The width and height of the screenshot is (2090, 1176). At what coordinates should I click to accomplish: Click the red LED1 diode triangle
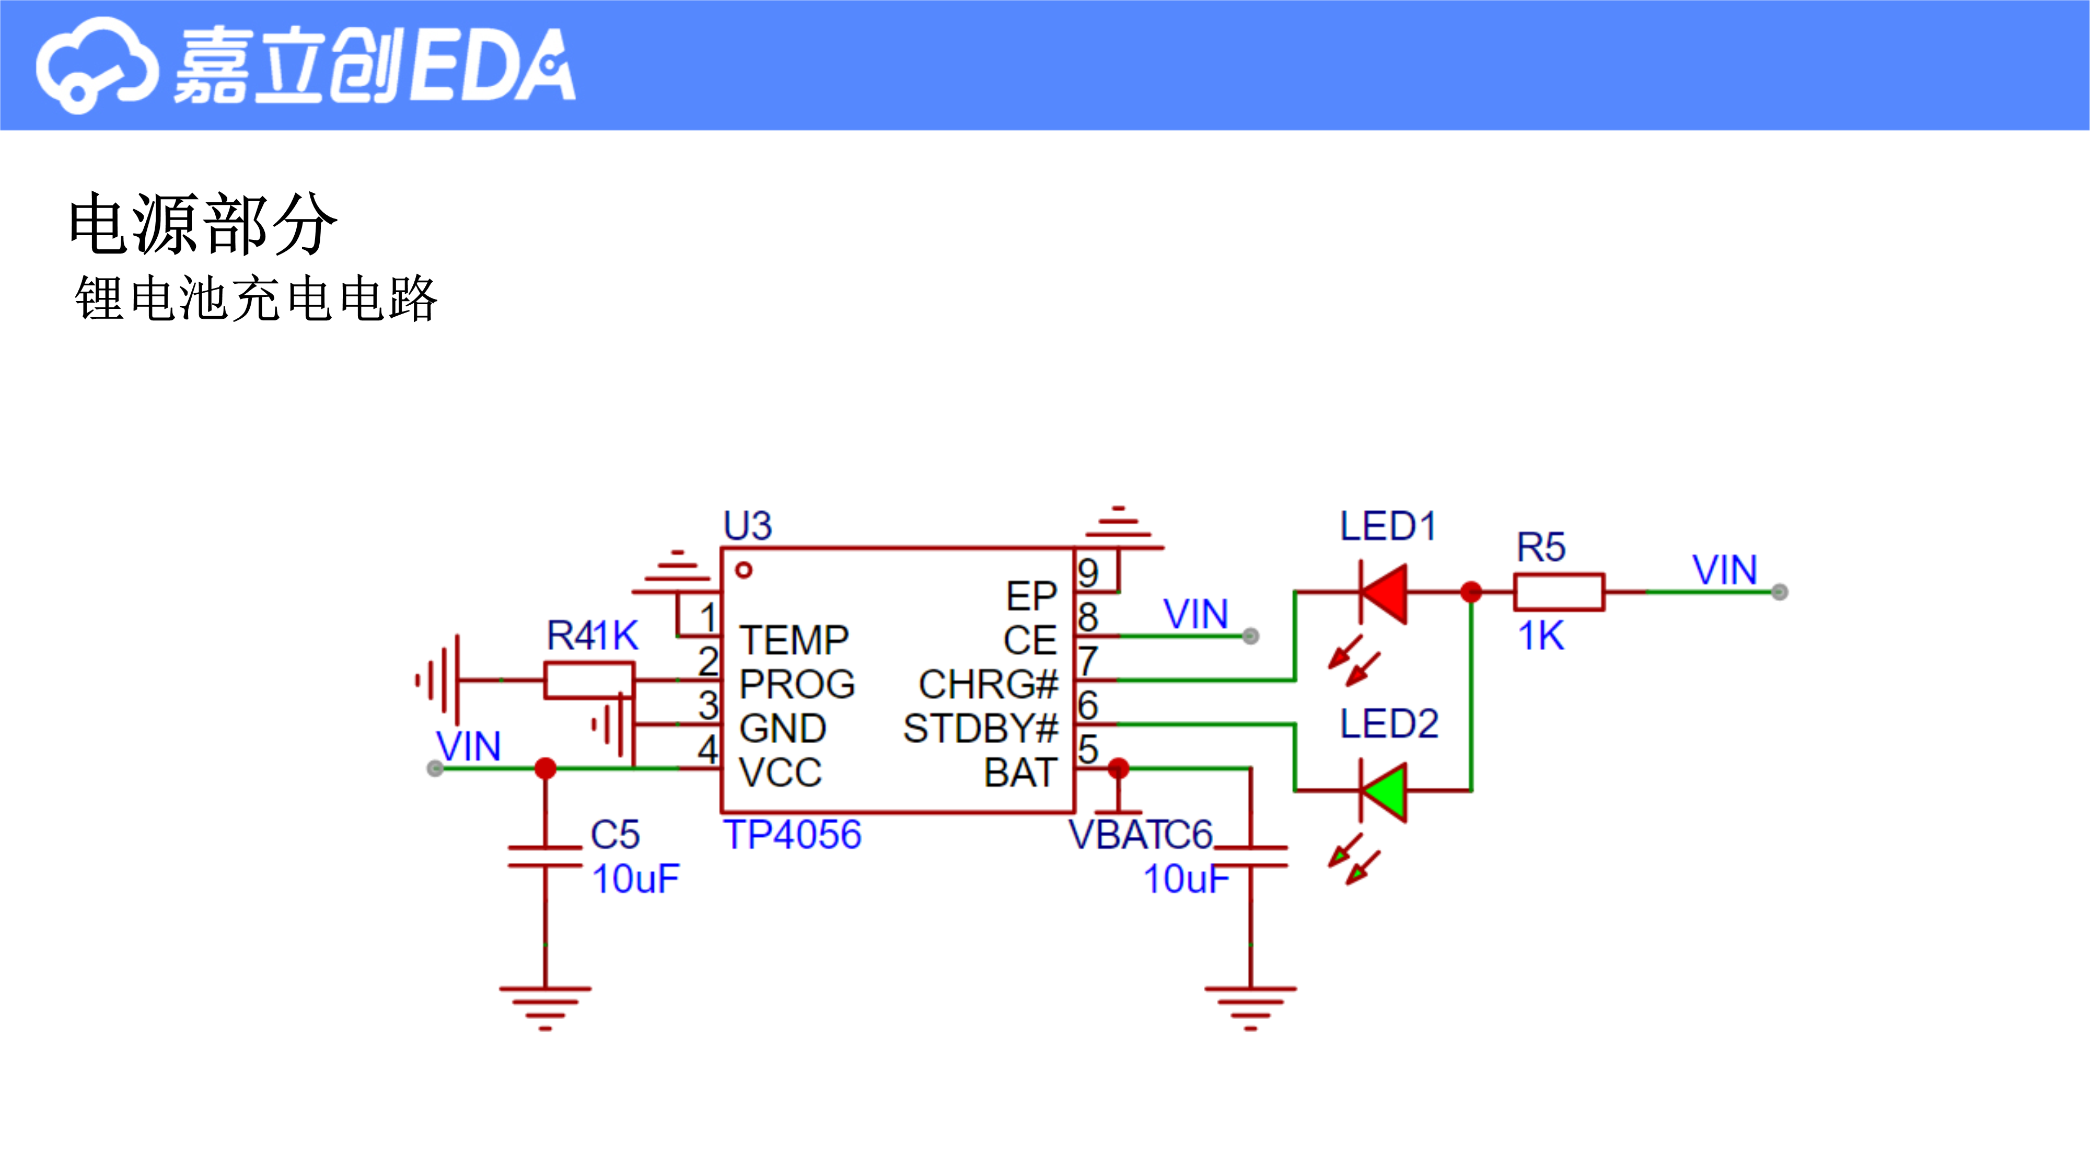pyautogui.click(x=1386, y=593)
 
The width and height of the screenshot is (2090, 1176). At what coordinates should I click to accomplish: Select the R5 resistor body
pyautogui.click(x=1559, y=593)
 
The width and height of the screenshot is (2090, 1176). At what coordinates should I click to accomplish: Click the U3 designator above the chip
pyautogui.click(x=747, y=526)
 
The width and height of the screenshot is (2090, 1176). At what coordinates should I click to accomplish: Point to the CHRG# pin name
pyautogui.click(x=988, y=684)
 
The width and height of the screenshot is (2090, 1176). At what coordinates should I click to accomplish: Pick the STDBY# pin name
pyautogui.click(x=981, y=728)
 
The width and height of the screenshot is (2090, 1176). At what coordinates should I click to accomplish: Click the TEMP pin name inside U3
pyautogui.click(x=794, y=640)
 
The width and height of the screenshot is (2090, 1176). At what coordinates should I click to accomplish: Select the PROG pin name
pyautogui.click(x=797, y=684)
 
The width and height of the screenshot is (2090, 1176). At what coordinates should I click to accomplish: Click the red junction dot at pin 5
pyautogui.click(x=1118, y=768)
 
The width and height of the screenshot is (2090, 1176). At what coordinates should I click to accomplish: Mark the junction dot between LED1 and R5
pyautogui.click(x=1471, y=593)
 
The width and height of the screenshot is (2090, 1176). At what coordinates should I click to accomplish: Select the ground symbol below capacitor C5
pyautogui.click(x=545, y=1009)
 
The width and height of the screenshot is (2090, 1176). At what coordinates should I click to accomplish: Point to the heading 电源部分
pyautogui.click(x=202, y=224)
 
